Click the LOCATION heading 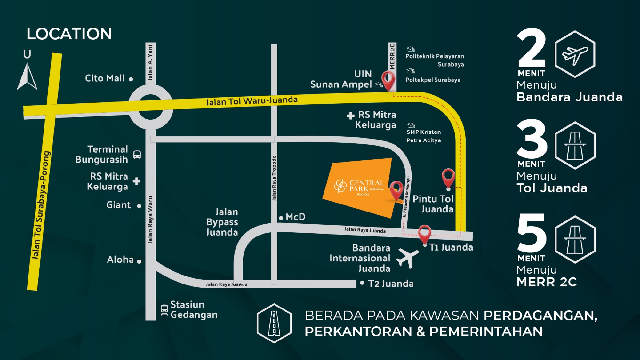[x=69, y=34]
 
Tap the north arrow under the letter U [x=27, y=77]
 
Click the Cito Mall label [x=105, y=78]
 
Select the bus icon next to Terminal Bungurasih [x=137, y=155]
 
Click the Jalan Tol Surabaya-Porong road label [x=41, y=205]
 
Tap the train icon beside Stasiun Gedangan [x=164, y=310]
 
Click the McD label [x=295, y=217]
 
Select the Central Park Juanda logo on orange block [x=358, y=187]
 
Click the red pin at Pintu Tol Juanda [x=448, y=178]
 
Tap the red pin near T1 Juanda [x=424, y=234]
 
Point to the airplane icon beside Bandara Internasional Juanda [x=407, y=258]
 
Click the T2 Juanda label [x=390, y=284]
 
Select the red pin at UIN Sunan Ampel [x=388, y=80]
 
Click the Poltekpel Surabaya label [x=433, y=80]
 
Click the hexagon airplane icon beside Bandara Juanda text [x=575, y=54]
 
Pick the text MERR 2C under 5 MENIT [x=547, y=282]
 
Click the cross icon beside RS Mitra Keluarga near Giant [x=137, y=181]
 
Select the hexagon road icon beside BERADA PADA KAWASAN [x=274, y=323]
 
